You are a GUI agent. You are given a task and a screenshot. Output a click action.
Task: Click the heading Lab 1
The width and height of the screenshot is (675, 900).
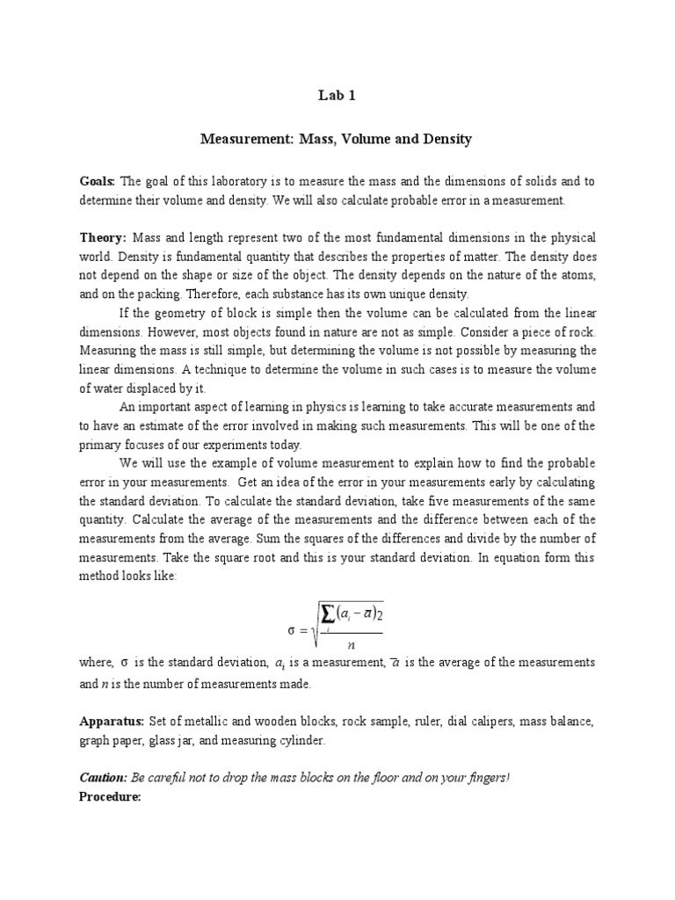pos(337,97)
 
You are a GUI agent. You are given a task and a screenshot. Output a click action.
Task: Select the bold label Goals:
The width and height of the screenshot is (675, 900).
pos(97,181)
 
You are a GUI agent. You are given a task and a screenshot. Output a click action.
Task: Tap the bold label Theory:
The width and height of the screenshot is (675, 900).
pos(103,237)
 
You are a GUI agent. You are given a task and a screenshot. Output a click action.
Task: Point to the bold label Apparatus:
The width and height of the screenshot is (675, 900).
pos(112,721)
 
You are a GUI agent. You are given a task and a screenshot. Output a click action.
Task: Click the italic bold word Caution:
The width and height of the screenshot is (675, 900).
pos(103,778)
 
